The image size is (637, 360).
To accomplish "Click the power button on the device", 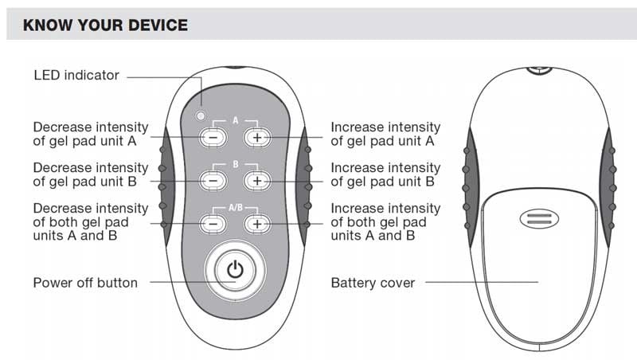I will tap(234, 270).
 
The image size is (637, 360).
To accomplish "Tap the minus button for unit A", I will tap(213, 137).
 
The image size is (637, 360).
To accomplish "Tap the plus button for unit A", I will tap(256, 137).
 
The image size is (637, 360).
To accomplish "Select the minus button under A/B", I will tap(213, 224).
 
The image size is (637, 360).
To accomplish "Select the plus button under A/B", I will tap(256, 224).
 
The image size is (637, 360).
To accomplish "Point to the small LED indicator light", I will tap(201, 116).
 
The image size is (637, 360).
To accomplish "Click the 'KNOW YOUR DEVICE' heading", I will tap(105, 25).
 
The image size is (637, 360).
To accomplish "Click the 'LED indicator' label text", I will tap(76, 76).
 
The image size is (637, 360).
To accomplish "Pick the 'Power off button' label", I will tap(84, 283).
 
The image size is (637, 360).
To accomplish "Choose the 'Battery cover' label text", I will tap(373, 283).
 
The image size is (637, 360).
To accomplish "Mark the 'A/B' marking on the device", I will tap(235, 207).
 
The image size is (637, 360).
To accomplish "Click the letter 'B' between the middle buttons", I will tap(235, 163).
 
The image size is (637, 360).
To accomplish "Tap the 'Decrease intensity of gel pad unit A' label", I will tap(90, 134).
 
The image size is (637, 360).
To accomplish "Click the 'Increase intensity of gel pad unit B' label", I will tap(385, 174).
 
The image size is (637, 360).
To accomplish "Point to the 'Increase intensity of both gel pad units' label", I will tap(385, 222).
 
